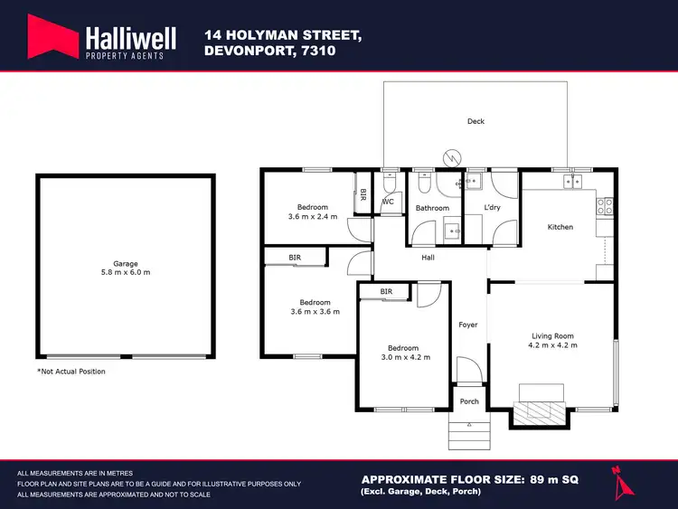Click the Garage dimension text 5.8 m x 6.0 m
point(126,272)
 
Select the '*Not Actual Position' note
point(71,372)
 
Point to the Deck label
point(476,121)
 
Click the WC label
point(388,202)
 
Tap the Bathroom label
point(432,208)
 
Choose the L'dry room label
point(492,208)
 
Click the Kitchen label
point(560,227)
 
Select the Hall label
point(428,258)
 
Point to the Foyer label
point(468,325)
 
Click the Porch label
point(469,402)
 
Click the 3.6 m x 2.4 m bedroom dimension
point(313,217)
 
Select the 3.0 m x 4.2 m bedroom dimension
point(403,357)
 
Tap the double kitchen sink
point(573,182)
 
